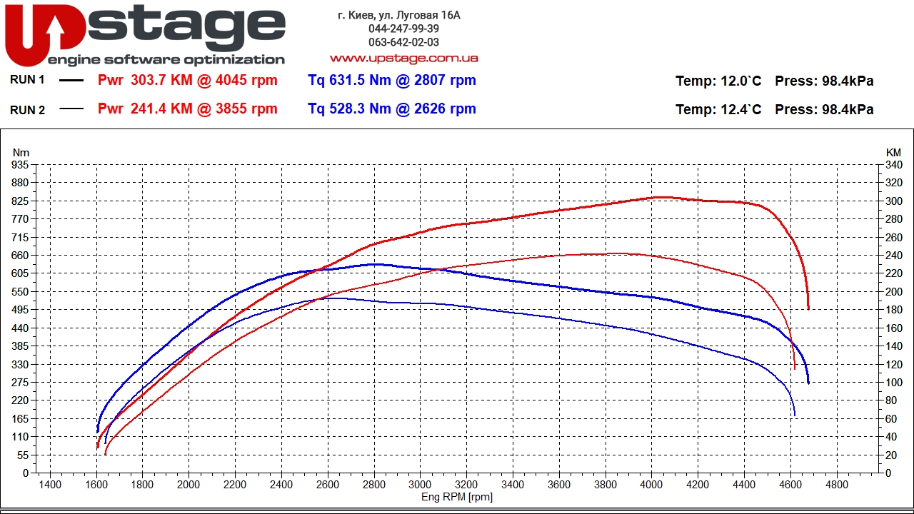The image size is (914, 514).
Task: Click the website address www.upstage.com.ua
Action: (x=403, y=58)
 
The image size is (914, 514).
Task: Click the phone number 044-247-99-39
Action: (x=403, y=29)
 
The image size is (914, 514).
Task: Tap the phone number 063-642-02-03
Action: (x=403, y=42)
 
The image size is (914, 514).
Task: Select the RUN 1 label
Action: (x=28, y=80)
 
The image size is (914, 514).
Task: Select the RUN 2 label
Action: (x=28, y=110)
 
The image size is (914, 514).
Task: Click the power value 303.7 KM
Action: (x=162, y=81)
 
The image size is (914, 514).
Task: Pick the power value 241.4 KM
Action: (x=162, y=109)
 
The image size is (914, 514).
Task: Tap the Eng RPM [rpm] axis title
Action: (x=456, y=497)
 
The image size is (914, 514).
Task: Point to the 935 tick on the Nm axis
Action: (x=20, y=165)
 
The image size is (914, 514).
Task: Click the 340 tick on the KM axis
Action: (x=893, y=165)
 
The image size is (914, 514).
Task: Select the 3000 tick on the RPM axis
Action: (x=420, y=485)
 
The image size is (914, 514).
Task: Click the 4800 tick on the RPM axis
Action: (x=836, y=485)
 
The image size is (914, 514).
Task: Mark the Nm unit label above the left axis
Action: (x=21, y=153)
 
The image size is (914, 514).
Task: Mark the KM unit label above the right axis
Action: (x=893, y=153)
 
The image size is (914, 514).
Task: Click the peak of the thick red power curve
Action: (x=661, y=197)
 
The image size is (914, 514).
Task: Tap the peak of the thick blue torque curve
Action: (x=375, y=264)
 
